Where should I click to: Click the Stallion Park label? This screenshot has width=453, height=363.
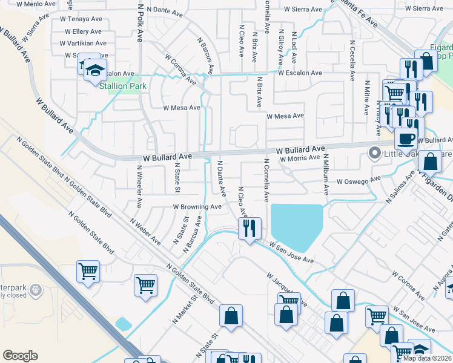click(123, 86)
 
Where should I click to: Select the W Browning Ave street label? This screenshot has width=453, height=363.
click(197, 206)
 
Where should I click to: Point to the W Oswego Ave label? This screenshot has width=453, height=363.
click(359, 180)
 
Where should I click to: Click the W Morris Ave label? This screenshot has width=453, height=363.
click(299, 158)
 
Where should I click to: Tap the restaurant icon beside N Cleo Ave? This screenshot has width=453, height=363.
click(250, 229)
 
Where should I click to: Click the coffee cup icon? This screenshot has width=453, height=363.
click(406, 137)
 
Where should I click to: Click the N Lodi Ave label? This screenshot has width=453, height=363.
click(294, 48)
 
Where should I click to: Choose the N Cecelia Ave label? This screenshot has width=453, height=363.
click(352, 61)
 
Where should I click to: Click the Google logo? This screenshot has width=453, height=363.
click(20, 356)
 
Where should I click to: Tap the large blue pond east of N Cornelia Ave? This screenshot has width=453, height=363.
click(297, 224)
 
